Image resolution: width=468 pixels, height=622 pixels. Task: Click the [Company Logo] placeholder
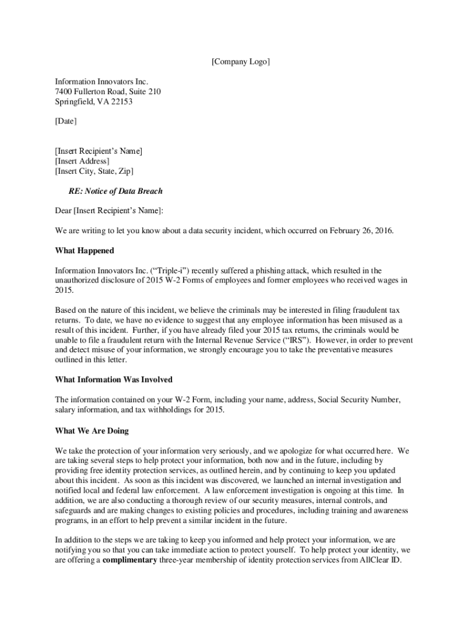(x=240, y=63)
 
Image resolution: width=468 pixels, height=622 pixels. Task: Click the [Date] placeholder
(x=66, y=121)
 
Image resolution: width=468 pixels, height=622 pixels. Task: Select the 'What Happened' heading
(x=84, y=251)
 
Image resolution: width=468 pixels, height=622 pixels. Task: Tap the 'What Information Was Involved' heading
(x=114, y=380)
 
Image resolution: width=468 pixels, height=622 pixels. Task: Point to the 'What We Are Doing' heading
(x=92, y=431)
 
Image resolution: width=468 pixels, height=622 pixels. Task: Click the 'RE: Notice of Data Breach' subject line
(x=115, y=191)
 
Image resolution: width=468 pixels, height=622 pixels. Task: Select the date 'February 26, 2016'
(x=362, y=231)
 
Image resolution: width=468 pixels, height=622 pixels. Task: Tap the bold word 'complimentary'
(x=129, y=560)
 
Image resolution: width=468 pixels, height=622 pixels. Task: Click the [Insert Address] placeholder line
(x=82, y=161)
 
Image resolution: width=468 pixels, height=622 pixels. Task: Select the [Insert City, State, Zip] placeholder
(x=94, y=171)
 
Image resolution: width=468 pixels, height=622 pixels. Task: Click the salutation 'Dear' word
(x=63, y=211)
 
